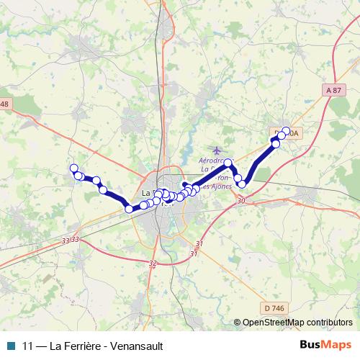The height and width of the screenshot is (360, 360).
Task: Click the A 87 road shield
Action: (x=332, y=90)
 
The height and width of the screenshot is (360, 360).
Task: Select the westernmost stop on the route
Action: (x=73, y=168)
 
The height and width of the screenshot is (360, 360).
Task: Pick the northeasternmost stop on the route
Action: (x=287, y=132)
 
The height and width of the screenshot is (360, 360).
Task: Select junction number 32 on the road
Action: (x=152, y=264)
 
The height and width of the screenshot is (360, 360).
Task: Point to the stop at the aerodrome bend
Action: (x=228, y=163)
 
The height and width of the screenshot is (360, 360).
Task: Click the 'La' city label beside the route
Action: (x=147, y=193)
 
